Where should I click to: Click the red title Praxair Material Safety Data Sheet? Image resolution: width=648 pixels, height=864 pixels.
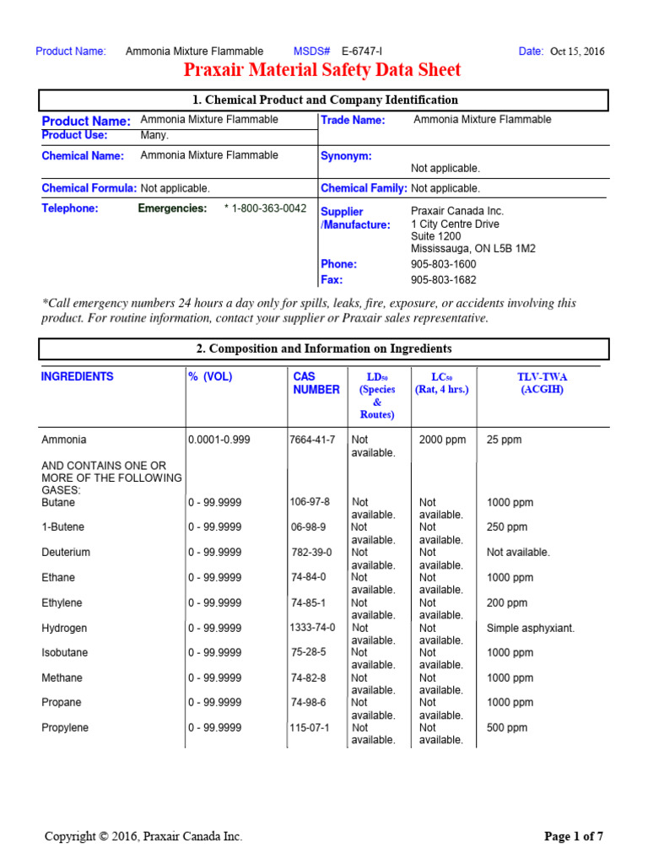pyautogui.click(x=322, y=69)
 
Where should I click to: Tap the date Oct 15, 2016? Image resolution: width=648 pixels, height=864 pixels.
pyautogui.click(x=577, y=51)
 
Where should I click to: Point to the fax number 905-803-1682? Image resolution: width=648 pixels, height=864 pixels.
pyautogui.click(x=443, y=280)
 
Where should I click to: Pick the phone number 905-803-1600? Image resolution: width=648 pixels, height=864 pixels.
pyautogui.click(x=443, y=264)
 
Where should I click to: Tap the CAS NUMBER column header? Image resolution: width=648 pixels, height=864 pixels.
pyautogui.click(x=316, y=383)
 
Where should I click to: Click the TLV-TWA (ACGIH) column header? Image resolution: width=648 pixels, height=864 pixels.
pyautogui.click(x=542, y=383)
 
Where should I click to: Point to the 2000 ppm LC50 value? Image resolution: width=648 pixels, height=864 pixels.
pyautogui.click(x=440, y=440)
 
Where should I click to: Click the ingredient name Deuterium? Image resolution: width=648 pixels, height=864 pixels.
pyautogui.click(x=66, y=553)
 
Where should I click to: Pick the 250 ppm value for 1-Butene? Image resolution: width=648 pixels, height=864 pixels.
pyautogui.click(x=507, y=527)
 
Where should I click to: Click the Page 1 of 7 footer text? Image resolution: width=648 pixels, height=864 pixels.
pyautogui.click(x=574, y=837)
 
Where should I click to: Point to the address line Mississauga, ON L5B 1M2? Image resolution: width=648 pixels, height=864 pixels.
pyautogui.click(x=472, y=249)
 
